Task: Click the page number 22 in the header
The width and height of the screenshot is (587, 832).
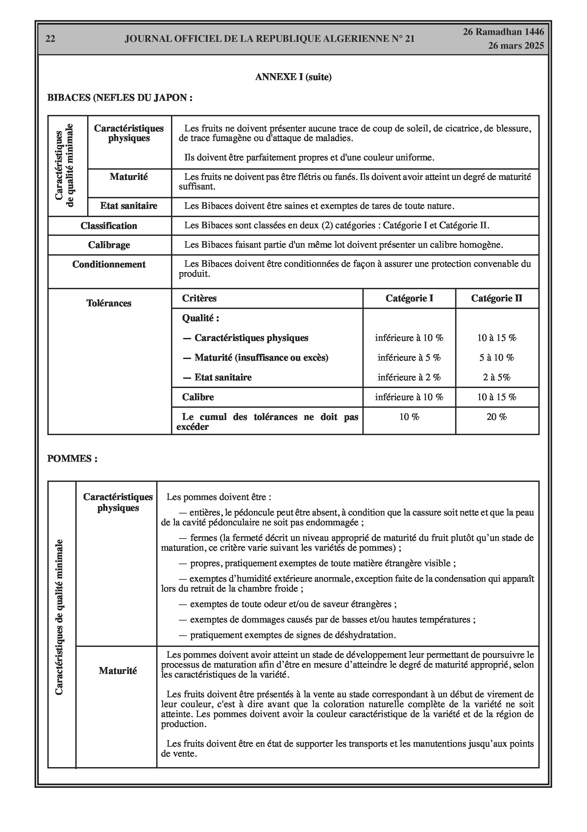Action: point(50,39)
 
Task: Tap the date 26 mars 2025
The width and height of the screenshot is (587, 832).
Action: point(516,46)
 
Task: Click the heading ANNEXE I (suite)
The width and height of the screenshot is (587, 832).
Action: point(293,77)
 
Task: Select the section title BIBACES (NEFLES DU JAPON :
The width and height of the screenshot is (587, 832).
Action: point(120,98)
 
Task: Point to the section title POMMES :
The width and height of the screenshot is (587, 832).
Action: point(72,459)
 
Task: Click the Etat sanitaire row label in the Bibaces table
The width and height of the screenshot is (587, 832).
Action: point(129,206)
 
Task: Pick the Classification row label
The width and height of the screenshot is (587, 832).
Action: point(109,226)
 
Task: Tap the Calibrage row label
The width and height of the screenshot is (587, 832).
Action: point(109,245)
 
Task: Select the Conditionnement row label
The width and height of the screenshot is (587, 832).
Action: point(109,264)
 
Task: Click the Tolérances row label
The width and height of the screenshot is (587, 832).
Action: point(109,303)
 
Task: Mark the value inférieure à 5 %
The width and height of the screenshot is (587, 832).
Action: point(409,358)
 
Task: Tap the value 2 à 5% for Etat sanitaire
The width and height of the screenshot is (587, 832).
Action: point(497,377)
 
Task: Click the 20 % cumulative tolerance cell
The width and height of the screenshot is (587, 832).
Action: point(497,417)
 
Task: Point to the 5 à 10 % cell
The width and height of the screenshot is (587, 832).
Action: point(497,358)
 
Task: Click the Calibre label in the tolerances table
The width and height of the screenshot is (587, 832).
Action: point(198,397)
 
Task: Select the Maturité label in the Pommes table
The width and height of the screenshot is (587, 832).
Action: point(118,671)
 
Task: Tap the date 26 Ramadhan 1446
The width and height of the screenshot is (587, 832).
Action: point(503,32)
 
